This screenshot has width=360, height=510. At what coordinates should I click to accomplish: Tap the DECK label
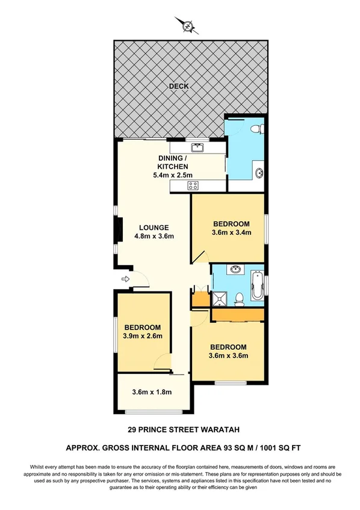(178, 87)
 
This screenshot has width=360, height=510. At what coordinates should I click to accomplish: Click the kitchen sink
(196, 148)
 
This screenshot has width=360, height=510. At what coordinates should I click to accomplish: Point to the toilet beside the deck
(256, 128)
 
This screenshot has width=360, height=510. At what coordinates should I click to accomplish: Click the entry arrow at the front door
(125, 279)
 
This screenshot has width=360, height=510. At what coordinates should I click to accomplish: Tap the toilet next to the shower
(239, 297)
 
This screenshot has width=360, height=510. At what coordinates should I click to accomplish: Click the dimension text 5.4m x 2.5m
(173, 176)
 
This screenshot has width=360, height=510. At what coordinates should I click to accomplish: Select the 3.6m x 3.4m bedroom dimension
(231, 232)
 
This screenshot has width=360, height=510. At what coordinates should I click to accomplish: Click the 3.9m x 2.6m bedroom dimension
(143, 336)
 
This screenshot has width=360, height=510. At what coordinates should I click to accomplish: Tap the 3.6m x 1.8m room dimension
(152, 393)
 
